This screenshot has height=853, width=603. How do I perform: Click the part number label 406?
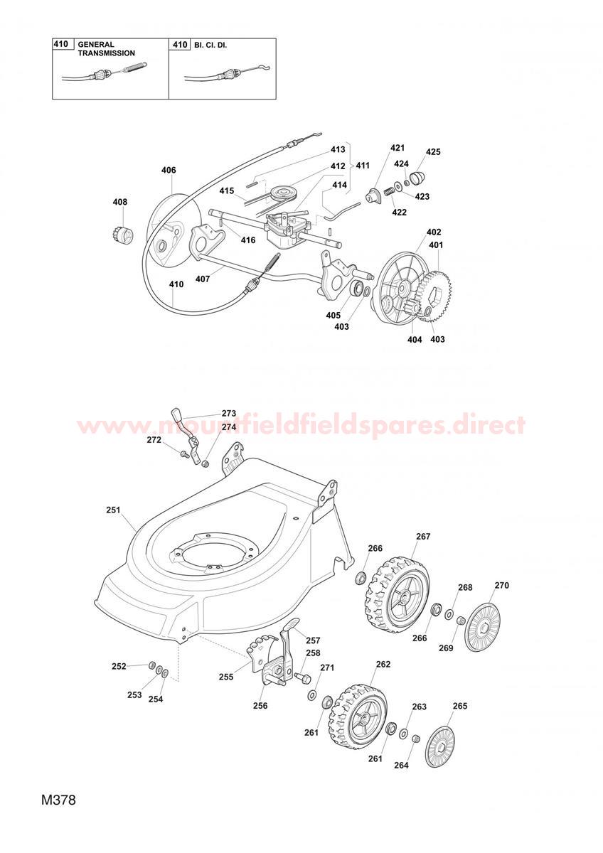[x=169, y=170]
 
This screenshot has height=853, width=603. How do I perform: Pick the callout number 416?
[x=248, y=240]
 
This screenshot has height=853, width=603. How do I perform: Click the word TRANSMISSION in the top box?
[x=106, y=53]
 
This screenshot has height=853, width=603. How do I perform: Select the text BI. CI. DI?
[x=210, y=45]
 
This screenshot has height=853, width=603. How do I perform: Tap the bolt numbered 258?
[x=303, y=678]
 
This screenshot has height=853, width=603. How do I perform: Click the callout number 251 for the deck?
[x=113, y=510]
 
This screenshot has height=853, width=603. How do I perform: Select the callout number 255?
[x=226, y=677]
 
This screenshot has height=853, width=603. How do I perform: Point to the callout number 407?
[x=202, y=279]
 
